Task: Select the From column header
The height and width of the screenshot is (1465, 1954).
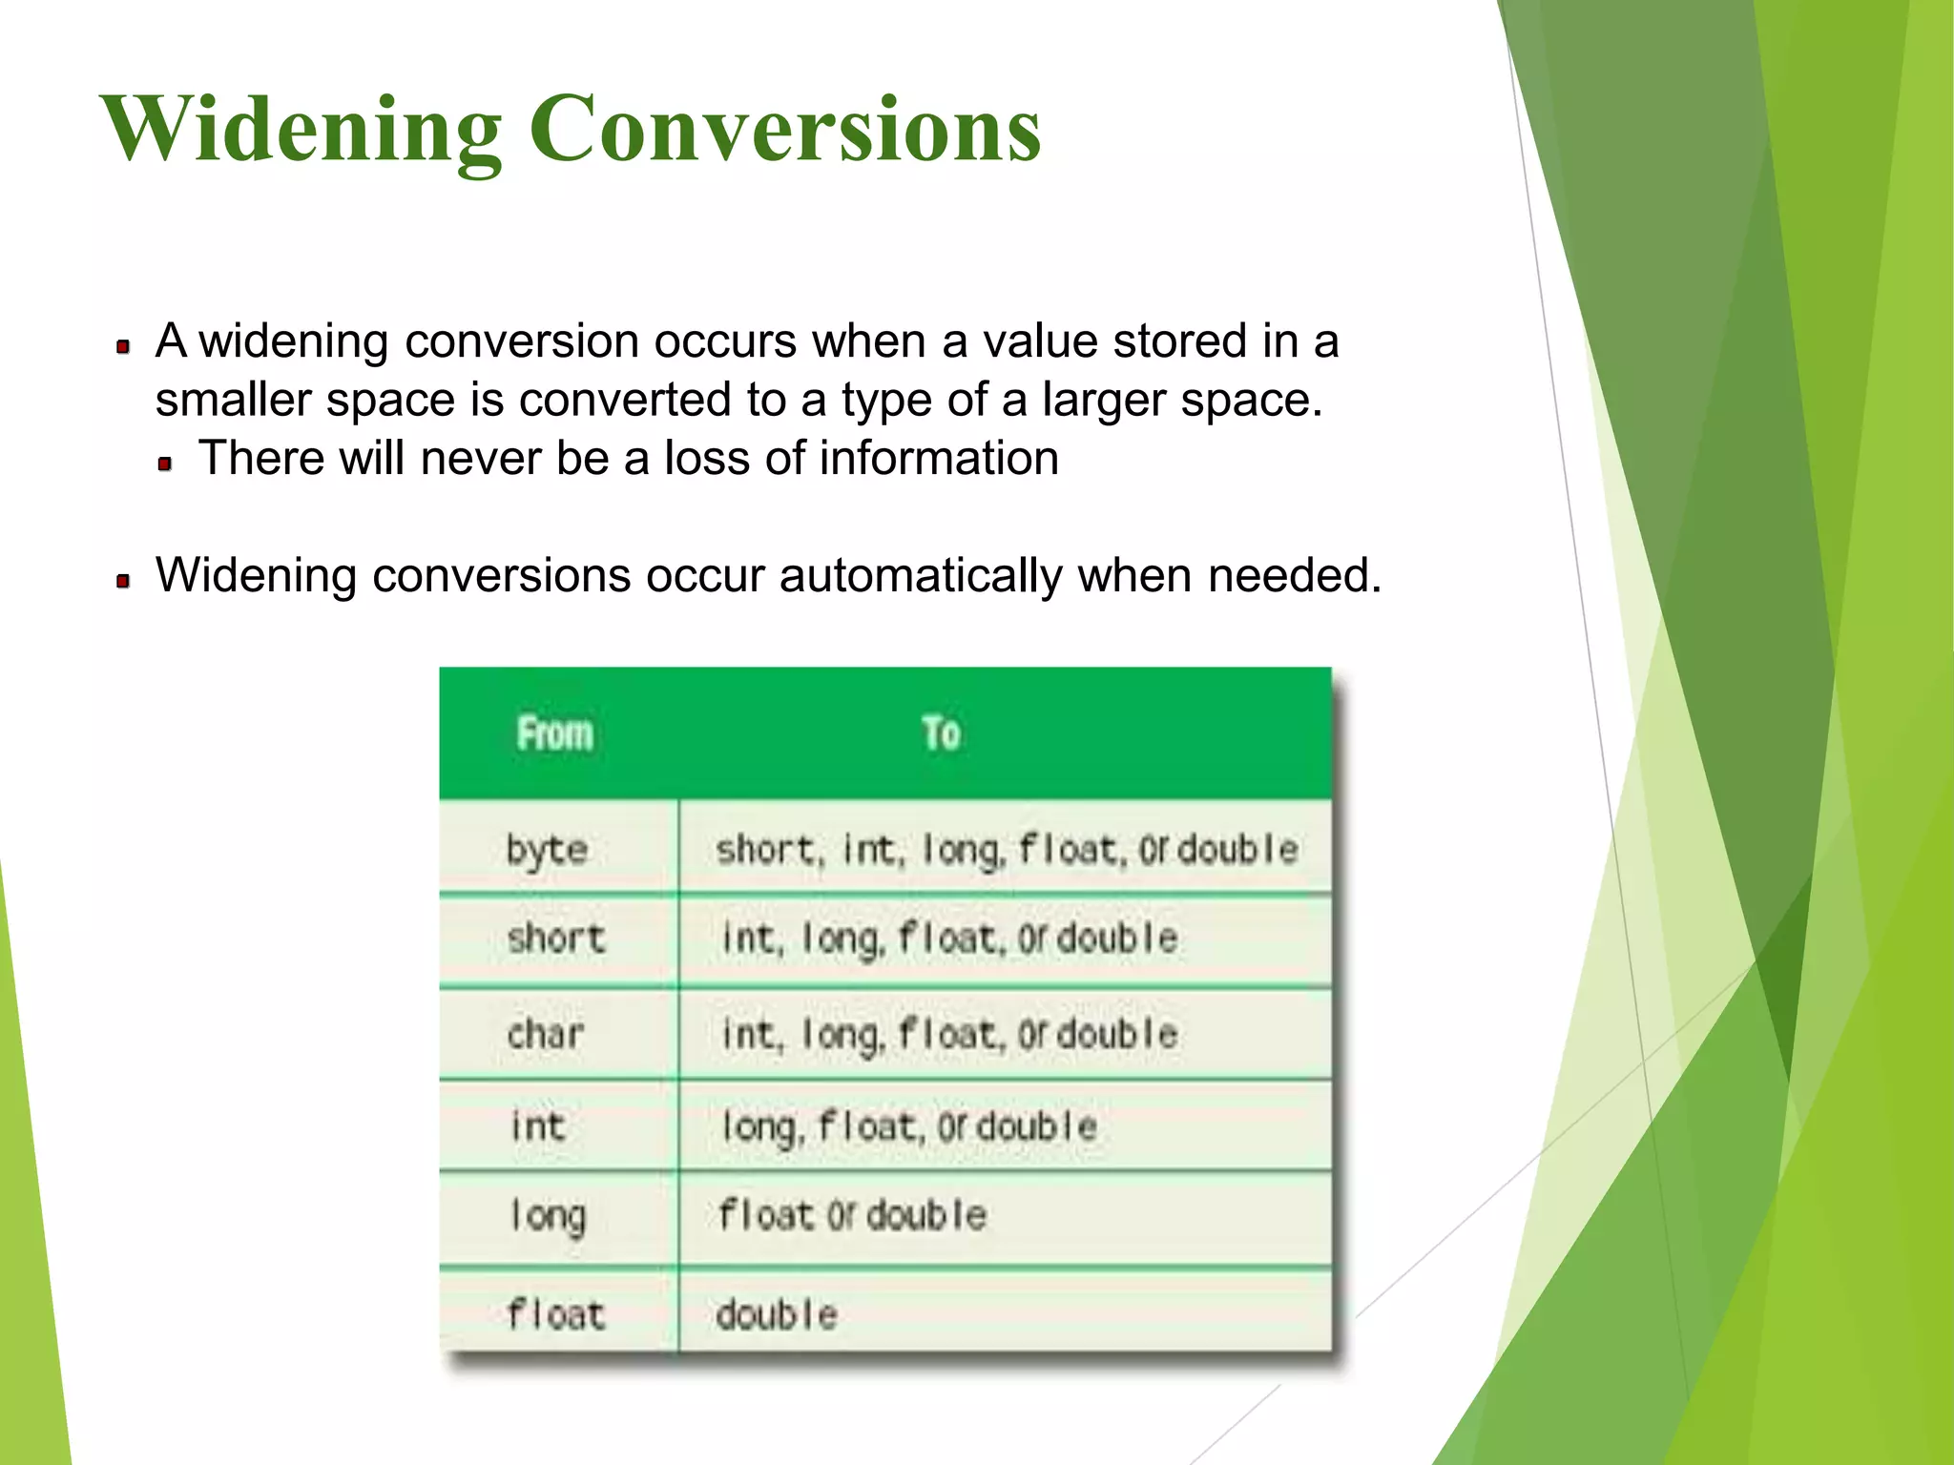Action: (x=555, y=733)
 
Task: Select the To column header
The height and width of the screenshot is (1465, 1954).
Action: (x=941, y=733)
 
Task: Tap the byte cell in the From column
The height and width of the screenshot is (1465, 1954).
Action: (x=547, y=849)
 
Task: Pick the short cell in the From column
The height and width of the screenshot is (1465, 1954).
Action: (x=556, y=939)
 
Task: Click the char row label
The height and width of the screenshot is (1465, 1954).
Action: (x=545, y=1034)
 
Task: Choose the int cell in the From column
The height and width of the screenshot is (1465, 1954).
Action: (x=538, y=1126)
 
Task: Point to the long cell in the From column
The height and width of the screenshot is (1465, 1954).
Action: (x=548, y=1216)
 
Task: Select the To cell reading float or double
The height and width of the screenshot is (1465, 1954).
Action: (x=852, y=1216)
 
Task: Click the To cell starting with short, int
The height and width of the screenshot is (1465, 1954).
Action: (x=1007, y=849)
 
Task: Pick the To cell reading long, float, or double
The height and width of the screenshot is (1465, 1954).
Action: (x=909, y=1126)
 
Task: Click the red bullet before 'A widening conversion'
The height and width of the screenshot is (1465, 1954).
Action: (x=123, y=346)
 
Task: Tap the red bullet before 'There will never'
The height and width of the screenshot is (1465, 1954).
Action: (x=165, y=464)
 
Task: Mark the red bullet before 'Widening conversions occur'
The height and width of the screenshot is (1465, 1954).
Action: (x=123, y=581)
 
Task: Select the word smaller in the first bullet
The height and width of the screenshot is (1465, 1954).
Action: (x=233, y=400)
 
